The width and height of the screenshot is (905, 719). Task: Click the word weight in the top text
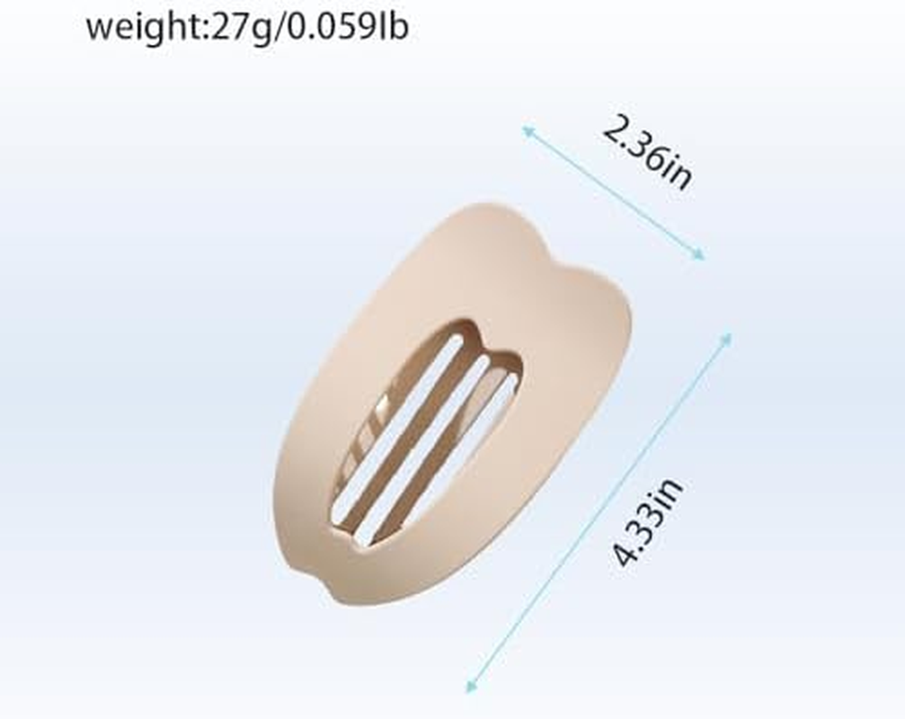pos(146,28)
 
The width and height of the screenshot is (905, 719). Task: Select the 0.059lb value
pos(348,27)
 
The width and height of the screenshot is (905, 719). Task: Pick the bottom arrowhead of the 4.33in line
pos(471,686)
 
